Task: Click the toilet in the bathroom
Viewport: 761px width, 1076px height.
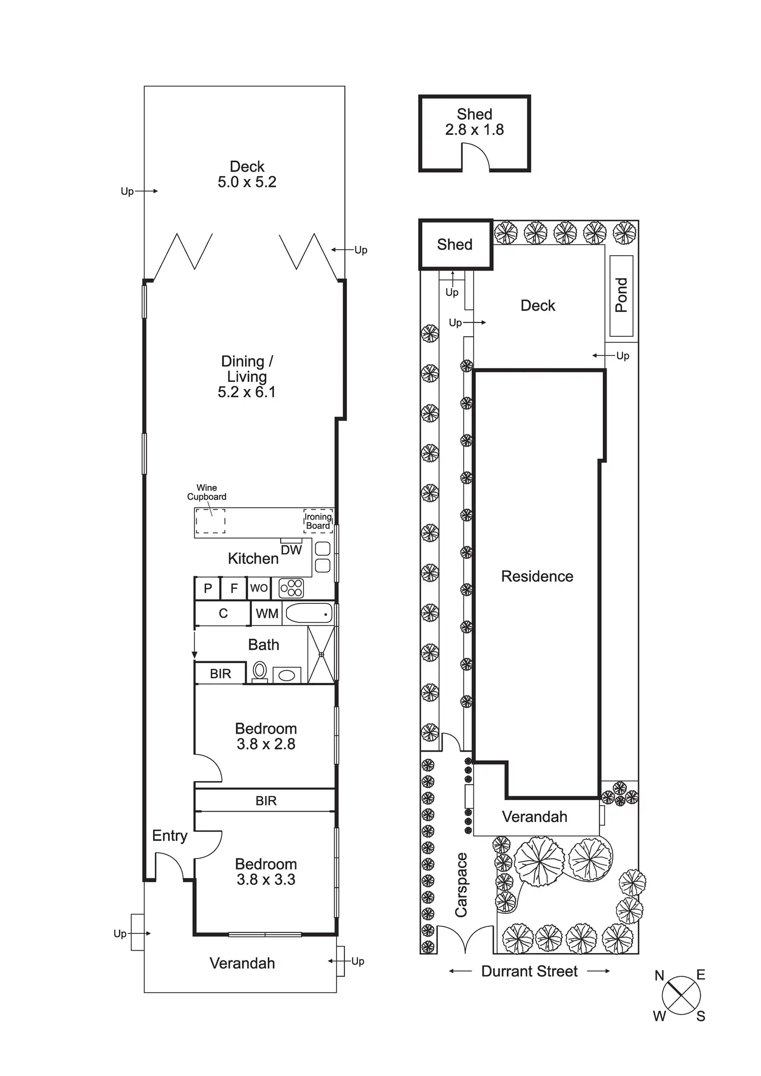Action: pyautogui.click(x=260, y=672)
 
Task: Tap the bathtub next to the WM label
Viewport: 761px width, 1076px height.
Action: pyautogui.click(x=309, y=613)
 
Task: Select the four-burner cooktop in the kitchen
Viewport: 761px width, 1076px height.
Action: pyautogui.click(x=291, y=588)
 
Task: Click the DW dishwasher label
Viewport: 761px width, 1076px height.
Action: pyautogui.click(x=291, y=550)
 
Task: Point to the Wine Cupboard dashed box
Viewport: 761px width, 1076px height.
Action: pyautogui.click(x=210, y=521)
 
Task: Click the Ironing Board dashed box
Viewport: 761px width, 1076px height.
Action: pyautogui.click(x=318, y=521)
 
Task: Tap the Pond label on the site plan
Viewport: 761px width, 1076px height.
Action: pyautogui.click(x=621, y=295)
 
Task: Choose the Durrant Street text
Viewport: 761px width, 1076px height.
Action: pyautogui.click(x=529, y=971)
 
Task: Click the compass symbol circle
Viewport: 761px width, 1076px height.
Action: pyautogui.click(x=681, y=995)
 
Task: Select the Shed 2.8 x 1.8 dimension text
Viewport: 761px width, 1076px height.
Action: pyautogui.click(x=475, y=130)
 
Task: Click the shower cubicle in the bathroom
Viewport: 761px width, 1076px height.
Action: pyautogui.click(x=321, y=654)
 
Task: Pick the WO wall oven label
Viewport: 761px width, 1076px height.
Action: pyautogui.click(x=259, y=588)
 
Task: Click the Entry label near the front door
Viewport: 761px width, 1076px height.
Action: pyautogui.click(x=170, y=835)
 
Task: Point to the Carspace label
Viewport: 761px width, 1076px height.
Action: pyautogui.click(x=461, y=885)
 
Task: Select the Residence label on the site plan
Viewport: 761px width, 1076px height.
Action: pyautogui.click(x=537, y=576)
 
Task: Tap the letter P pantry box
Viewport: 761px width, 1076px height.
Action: pyautogui.click(x=208, y=588)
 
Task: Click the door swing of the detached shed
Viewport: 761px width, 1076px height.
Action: pyautogui.click(x=475, y=157)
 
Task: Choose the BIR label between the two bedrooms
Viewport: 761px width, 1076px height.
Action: pyautogui.click(x=266, y=801)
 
